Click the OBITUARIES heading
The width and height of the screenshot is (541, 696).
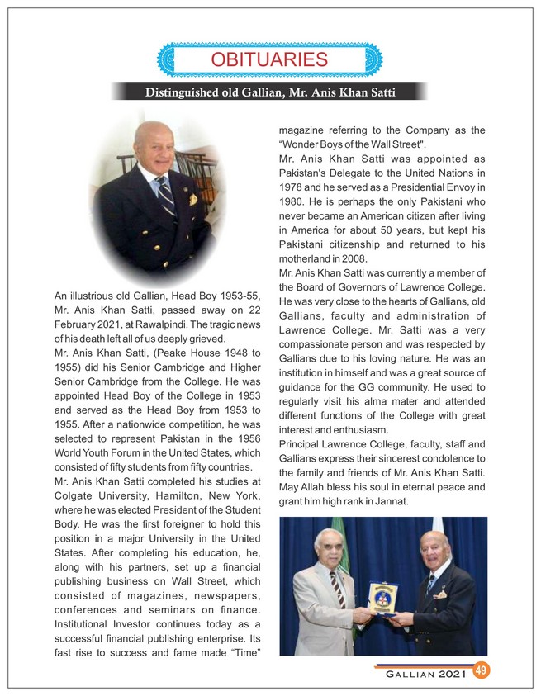269,59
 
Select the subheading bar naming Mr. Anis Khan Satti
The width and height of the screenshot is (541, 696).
269,91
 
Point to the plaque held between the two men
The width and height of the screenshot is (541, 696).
383,597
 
